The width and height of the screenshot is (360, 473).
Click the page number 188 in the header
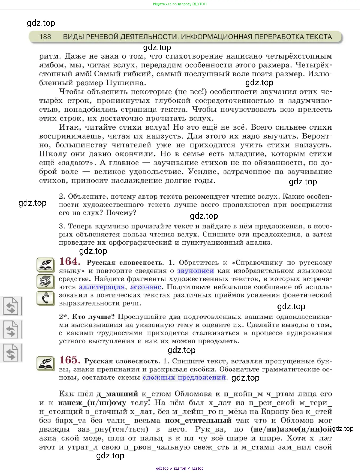coord(45,37)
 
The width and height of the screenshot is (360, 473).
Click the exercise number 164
coord(69,261)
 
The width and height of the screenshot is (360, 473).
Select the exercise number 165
coord(69,360)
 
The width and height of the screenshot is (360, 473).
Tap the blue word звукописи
coord(195,271)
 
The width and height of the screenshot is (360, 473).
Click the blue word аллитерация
coord(102,287)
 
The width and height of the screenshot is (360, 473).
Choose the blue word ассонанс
coord(146,287)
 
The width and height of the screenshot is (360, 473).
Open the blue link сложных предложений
coord(184,378)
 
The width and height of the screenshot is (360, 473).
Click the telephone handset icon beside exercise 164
coord(46,298)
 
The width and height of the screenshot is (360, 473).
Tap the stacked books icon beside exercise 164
coord(46,281)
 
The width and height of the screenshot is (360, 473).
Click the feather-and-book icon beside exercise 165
coord(46,363)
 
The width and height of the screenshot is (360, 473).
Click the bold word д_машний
coord(117,394)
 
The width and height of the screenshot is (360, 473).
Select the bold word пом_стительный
coord(198,421)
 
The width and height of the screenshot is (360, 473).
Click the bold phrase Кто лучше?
coord(93,317)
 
